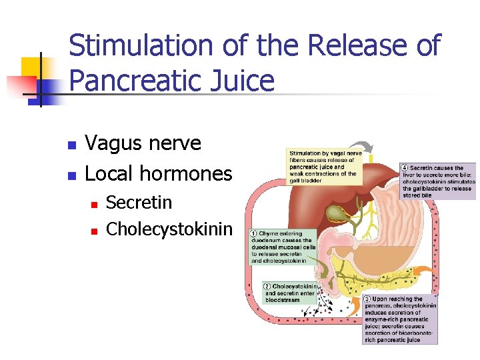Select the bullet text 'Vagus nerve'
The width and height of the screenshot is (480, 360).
click(143, 143)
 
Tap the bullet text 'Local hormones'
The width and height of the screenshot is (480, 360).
click(159, 174)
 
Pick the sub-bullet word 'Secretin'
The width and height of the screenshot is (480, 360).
click(139, 202)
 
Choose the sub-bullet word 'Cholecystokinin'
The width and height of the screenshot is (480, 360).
click(169, 229)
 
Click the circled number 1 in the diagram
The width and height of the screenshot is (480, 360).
click(253, 234)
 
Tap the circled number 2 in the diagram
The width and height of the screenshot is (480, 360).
click(267, 286)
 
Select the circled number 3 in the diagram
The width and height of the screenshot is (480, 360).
click(367, 299)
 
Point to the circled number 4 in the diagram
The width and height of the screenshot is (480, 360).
click(405, 168)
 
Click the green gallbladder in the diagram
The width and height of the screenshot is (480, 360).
click(336, 214)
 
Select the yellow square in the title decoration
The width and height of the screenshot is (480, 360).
click(32, 67)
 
